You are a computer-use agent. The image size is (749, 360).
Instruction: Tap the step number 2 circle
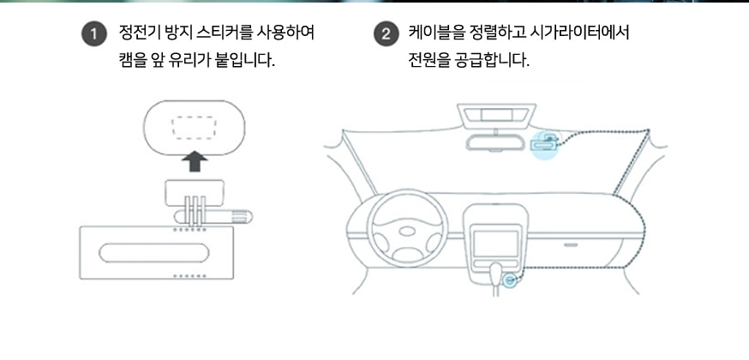386,35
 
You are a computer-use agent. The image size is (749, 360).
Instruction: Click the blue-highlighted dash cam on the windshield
543,142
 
